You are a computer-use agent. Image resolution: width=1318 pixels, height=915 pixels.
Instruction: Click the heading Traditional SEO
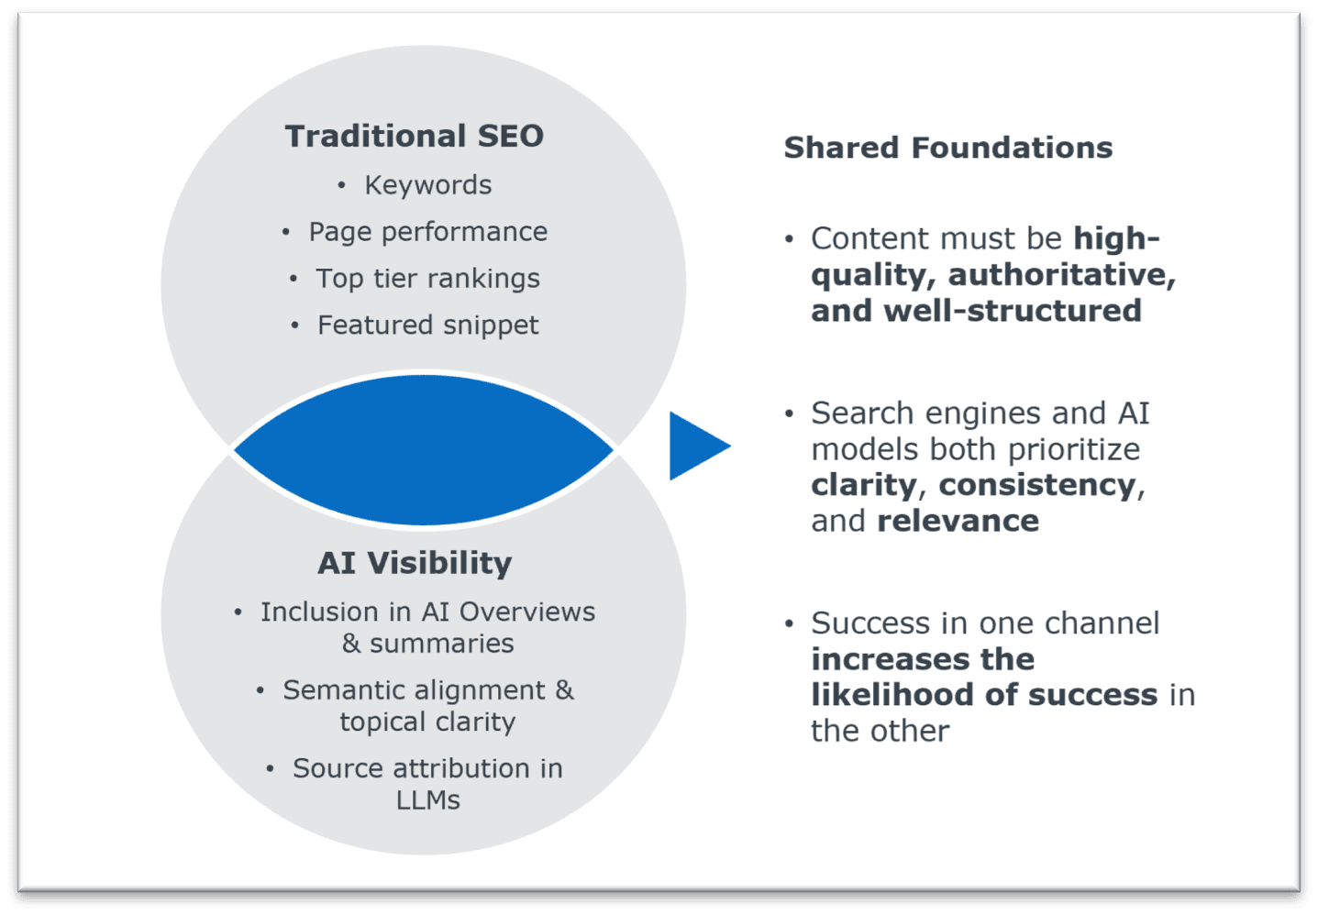coord(414,136)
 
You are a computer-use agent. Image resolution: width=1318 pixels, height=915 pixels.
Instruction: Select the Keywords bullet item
coord(427,185)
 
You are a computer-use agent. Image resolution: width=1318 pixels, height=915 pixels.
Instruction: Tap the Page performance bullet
coord(427,232)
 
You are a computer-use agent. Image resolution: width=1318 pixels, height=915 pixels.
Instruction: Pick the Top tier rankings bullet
coord(427,279)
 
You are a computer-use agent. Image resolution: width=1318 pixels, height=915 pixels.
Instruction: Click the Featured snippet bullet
coord(427,325)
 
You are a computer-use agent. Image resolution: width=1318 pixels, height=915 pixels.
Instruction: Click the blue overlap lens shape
coord(423,449)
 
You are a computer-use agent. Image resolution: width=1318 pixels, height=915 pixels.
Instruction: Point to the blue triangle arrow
coord(695,446)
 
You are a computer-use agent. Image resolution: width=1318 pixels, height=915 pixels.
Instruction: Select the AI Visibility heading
coord(415,563)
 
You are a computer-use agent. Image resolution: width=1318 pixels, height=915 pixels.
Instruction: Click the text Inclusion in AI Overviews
coord(427,612)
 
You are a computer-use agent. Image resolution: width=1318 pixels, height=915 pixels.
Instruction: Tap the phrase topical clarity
coord(427,722)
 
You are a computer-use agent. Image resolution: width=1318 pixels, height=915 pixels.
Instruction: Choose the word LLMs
coord(427,800)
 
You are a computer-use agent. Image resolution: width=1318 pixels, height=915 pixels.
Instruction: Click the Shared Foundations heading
coord(947,148)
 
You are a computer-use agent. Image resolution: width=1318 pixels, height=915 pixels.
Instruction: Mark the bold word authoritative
coord(1061,275)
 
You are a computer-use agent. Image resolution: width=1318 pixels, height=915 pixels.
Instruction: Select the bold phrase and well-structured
coord(976,311)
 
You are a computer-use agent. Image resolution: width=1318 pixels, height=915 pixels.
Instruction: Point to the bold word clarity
coord(863,485)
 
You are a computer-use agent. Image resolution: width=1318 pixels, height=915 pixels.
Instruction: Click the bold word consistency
coord(1036,485)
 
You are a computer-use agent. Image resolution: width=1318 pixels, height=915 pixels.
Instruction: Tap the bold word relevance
coord(958,521)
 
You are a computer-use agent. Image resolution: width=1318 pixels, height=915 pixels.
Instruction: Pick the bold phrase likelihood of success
coord(983,695)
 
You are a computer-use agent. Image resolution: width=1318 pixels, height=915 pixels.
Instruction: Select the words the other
coord(880,731)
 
